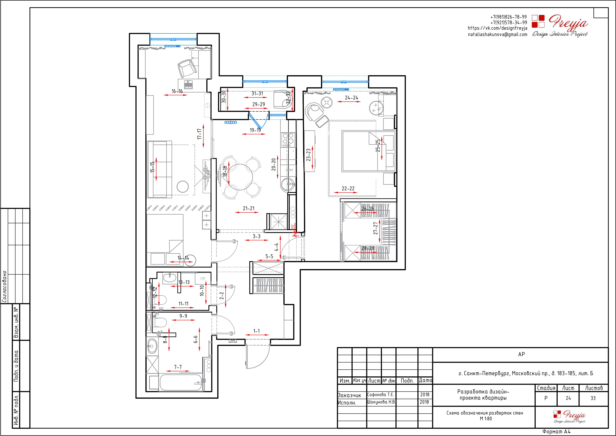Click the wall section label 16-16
[177, 91]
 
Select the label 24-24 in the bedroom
[352, 98]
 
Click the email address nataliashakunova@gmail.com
[497, 34]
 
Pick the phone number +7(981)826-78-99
[509, 17]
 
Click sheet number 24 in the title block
[568, 398]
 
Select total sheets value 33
[593, 398]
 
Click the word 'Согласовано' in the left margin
[4, 287]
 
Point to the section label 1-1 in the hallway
[257, 331]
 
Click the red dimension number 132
[293, 227]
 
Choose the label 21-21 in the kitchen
[249, 208]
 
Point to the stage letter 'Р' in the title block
[546, 398]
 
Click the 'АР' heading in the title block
[521, 354]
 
